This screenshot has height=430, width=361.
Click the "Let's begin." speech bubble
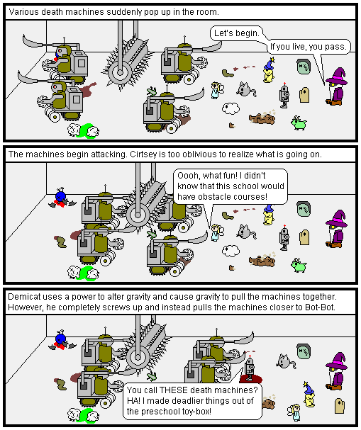(236, 33)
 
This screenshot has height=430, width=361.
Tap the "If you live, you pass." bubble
(309, 47)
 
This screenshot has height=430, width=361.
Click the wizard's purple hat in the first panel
(338, 76)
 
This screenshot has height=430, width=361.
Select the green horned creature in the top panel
(299, 123)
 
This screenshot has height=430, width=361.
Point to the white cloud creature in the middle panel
(231, 251)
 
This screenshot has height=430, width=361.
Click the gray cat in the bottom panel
(286, 361)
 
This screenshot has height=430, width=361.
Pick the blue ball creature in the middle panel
(61, 197)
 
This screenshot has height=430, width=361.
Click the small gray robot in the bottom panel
(250, 368)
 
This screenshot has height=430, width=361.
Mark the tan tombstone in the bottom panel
(340, 405)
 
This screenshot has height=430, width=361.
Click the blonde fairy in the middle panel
(217, 232)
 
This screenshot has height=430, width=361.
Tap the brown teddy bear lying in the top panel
(262, 118)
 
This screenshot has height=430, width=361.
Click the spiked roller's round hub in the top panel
(120, 73)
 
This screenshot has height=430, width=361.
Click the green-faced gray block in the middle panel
(304, 209)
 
